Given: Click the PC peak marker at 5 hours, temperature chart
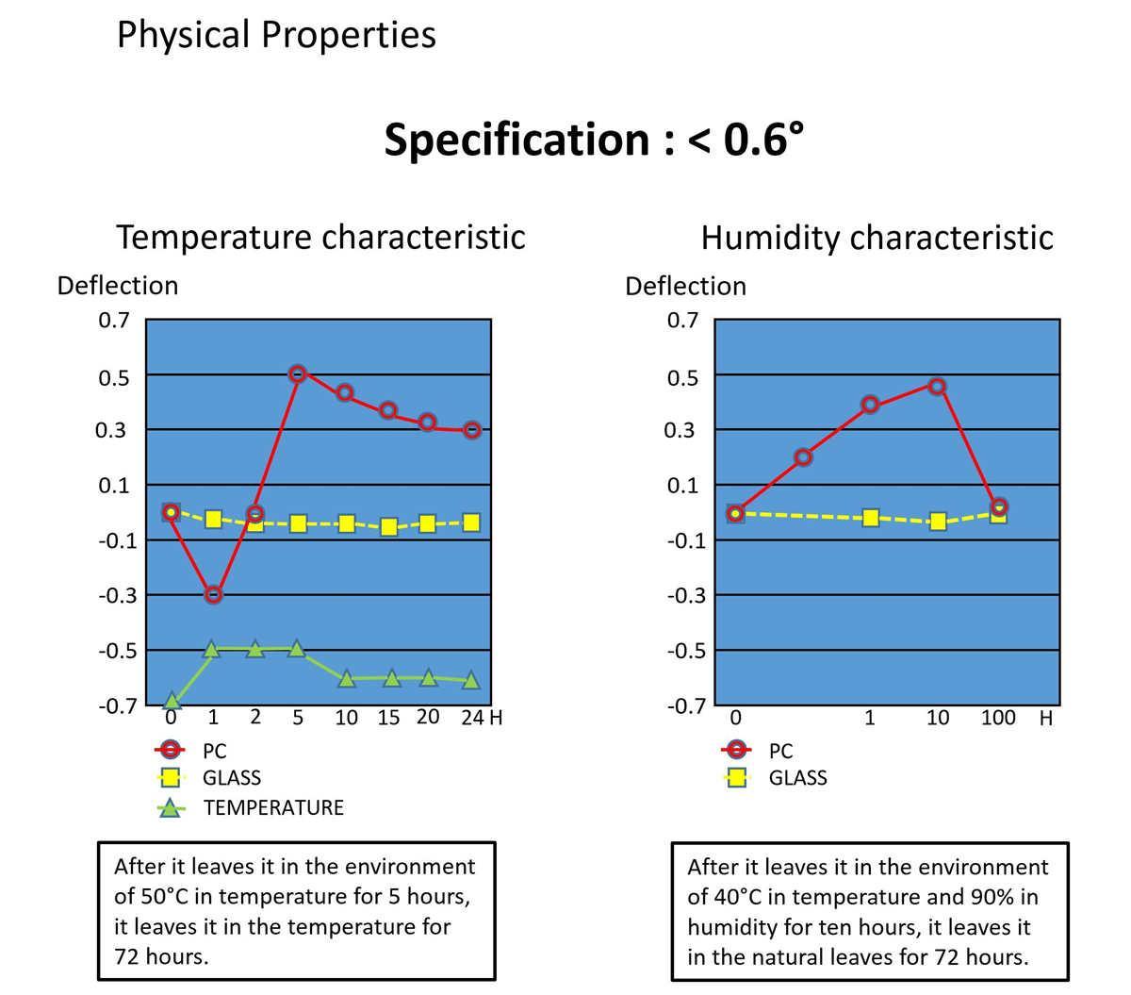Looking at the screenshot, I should (x=298, y=373).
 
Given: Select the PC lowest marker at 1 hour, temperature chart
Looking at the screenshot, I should (x=213, y=594).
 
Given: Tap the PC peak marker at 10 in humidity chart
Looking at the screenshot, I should (x=937, y=386).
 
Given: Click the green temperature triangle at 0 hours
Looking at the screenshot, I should (x=172, y=702).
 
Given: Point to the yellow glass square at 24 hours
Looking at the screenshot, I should (x=472, y=522).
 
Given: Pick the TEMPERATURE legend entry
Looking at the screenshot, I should (x=272, y=807).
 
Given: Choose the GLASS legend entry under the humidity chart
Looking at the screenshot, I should (x=797, y=777).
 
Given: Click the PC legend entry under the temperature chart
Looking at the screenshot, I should (x=214, y=751).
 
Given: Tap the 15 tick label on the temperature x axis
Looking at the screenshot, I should (x=388, y=718).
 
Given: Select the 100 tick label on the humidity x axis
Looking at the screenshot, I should (x=998, y=718).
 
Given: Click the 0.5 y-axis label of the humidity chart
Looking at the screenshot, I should (x=682, y=377).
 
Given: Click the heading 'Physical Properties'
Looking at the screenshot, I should (x=276, y=35).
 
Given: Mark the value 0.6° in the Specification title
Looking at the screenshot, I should (x=763, y=140).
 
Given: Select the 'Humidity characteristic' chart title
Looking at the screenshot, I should (x=877, y=237).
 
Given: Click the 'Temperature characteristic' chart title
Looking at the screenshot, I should (x=320, y=236).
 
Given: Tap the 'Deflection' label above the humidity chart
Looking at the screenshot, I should (x=685, y=286).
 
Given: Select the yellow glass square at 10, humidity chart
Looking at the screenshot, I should (x=937, y=521).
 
